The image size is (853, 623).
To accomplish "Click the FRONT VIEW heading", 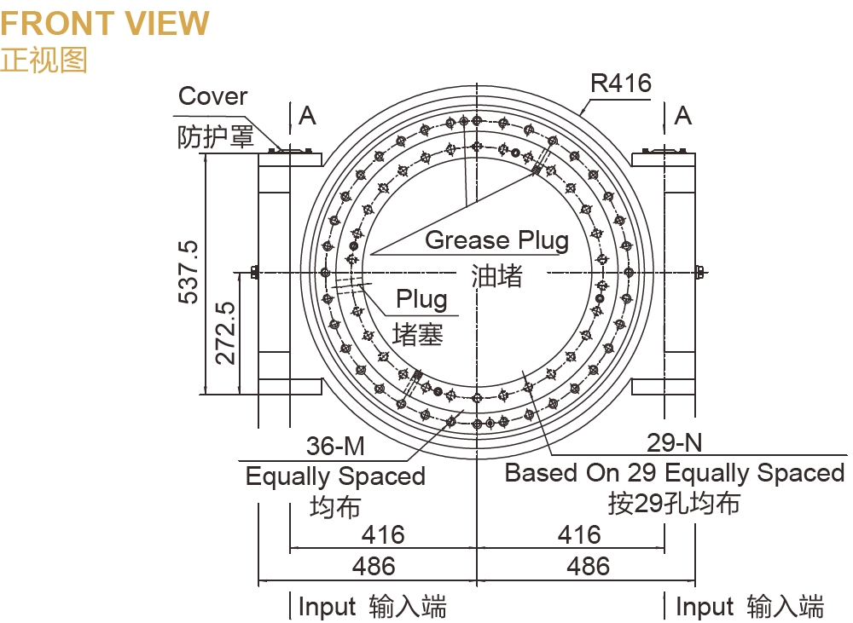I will tap(105, 23).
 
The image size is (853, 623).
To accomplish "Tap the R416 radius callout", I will tap(621, 84).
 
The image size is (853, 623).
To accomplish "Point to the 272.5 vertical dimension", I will tap(225, 332).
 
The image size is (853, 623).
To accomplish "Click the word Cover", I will tap(212, 96).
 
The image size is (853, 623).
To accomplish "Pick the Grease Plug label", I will tap(496, 240).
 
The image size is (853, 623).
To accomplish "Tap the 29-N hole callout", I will tap(675, 442).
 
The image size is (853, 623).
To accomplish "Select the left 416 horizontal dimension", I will tap(383, 535).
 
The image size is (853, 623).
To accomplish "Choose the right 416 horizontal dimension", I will tap(579, 535).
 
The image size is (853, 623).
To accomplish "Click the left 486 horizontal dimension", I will tap(374, 566).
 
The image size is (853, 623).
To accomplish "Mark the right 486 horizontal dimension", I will tap(589, 566).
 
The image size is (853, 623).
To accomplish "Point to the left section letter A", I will tap(308, 116).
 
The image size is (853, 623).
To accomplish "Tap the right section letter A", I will tap(683, 116).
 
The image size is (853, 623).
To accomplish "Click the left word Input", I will tap(327, 607).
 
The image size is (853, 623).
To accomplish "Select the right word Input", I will tap(705, 607).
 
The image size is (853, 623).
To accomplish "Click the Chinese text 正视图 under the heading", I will tap(44, 60).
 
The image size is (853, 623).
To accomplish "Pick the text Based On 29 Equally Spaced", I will tap(675, 473).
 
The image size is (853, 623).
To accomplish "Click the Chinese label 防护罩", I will tap(216, 137).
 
